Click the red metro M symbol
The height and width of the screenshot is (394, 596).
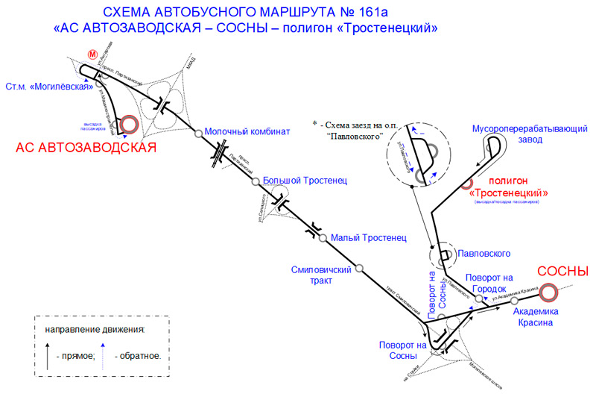click(92, 54)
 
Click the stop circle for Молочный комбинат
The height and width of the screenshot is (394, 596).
click(199, 134)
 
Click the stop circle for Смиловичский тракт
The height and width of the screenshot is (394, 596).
click(359, 268)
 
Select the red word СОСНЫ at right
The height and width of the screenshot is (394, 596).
click(563, 272)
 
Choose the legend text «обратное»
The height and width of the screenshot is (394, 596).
click(139, 356)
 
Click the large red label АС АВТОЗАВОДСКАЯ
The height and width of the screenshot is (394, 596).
click(86, 148)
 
